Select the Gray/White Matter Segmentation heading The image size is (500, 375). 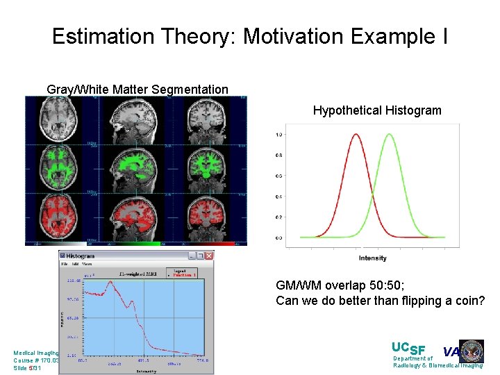pos(137,90)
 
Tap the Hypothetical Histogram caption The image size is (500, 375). pos(376,110)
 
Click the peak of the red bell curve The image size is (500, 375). pos(356,135)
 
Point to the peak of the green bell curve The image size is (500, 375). pos(390,135)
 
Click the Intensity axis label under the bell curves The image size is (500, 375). pos(373,258)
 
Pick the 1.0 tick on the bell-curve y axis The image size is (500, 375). pos(278,135)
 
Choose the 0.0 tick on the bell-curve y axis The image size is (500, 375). pos(278,237)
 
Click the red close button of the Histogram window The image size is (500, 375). pos(209,256)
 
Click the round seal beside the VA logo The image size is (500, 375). pos(472,351)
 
